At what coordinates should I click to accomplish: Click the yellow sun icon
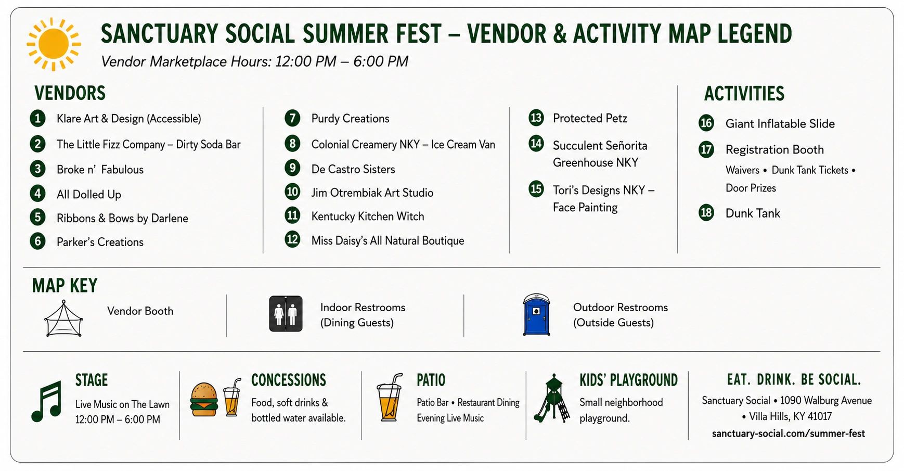tap(54, 44)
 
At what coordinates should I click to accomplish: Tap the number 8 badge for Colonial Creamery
tap(292, 143)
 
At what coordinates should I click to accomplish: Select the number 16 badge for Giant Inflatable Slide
tap(706, 123)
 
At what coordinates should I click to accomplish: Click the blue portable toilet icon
tap(536, 314)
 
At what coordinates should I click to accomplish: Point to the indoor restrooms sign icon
tap(286, 314)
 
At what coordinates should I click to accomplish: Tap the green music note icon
tap(47, 401)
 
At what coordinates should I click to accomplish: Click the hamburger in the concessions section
tap(204, 399)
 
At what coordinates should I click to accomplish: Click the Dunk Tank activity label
tap(753, 213)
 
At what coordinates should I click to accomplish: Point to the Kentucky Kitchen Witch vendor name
tap(368, 217)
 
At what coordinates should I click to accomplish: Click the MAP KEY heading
tap(64, 286)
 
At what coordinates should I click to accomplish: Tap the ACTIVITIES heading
tap(744, 94)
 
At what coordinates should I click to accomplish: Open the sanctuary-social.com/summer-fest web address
tap(788, 434)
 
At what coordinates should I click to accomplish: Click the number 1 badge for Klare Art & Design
tap(37, 118)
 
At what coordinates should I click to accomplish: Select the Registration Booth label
tap(774, 150)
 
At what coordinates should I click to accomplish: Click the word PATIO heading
tap(431, 380)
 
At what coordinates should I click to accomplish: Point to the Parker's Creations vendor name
tap(100, 242)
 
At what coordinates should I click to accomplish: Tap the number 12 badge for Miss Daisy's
tap(292, 239)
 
